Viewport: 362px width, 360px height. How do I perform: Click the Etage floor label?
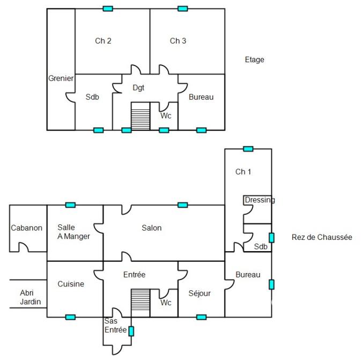coord(254,60)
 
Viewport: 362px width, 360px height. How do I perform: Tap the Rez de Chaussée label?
coord(322,237)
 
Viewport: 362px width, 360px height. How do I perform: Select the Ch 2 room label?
coord(103,41)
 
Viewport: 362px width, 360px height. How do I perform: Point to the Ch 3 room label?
coord(178,41)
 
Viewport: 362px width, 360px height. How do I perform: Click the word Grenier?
coord(61,78)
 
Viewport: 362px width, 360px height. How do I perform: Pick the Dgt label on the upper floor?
coord(138,87)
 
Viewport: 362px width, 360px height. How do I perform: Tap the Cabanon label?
coord(26,228)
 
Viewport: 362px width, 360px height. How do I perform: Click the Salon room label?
coord(151,228)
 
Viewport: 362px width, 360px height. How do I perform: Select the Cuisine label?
coord(71,284)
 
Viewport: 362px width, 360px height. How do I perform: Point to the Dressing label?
coord(260,200)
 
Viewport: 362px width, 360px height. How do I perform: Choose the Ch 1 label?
coord(243,172)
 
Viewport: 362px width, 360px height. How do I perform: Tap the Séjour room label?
coord(200,293)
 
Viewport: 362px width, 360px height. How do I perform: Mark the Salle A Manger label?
coord(73,232)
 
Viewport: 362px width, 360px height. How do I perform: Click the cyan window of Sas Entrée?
coord(131,331)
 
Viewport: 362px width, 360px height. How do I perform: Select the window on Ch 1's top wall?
coord(248,149)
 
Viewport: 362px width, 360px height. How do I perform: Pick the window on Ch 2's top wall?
coord(108,9)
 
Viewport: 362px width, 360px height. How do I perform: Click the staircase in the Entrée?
coord(141,303)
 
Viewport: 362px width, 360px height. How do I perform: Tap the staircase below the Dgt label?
coord(141,116)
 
